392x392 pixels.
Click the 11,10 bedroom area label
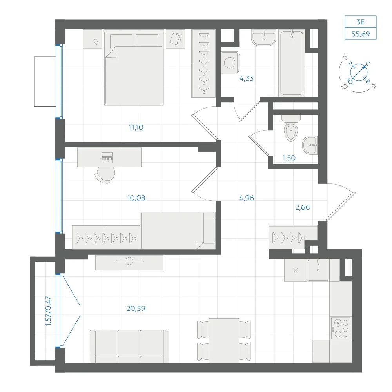pos(136,127)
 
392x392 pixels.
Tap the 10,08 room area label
pos(136,198)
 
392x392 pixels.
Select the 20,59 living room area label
pos(136,308)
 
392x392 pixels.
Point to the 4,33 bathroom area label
pos(247,78)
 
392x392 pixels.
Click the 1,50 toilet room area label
pos(289,158)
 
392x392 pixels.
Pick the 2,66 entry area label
pos(303,207)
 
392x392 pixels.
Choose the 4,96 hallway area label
pos(247,198)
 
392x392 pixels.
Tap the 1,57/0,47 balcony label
pos(48,311)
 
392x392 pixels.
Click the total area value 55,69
pos(361,34)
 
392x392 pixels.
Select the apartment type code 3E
pos(361,22)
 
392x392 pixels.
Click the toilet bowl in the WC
pos(291,128)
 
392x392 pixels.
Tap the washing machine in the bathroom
pos(230,62)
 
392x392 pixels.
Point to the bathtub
pos(292,63)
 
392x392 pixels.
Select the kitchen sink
pos(318,270)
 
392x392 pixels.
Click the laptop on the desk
pos(107,158)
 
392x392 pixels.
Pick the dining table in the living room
pos(224,340)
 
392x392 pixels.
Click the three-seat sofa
pos(129,346)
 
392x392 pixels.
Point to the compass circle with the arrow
pos(359,72)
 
